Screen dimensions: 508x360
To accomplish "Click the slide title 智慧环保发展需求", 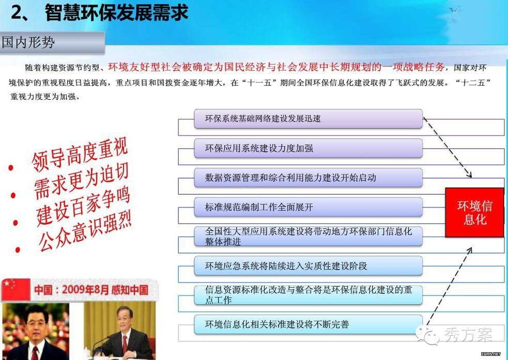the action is [x=117, y=13].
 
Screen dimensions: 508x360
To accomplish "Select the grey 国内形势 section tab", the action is [x=52, y=42].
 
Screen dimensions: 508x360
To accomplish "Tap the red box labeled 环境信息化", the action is [x=474, y=212].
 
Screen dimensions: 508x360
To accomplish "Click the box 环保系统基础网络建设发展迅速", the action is [x=308, y=119].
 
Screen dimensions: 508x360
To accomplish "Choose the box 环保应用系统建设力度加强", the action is [x=308, y=148].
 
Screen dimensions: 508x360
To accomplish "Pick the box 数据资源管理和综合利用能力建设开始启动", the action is [x=308, y=178].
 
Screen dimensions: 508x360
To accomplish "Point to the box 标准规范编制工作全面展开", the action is [x=308, y=207].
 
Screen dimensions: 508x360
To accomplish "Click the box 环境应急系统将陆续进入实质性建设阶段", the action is [x=308, y=266].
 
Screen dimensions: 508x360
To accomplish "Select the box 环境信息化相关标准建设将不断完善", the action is [x=308, y=324].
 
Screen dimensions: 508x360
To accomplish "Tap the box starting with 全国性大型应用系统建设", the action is [x=308, y=237].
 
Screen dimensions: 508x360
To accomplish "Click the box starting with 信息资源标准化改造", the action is [x=308, y=295].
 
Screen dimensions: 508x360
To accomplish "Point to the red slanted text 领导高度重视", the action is [x=80, y=154].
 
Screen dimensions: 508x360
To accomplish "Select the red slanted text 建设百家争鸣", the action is [x=83, y=206].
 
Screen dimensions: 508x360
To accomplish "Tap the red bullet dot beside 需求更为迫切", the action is [x=13, y=195].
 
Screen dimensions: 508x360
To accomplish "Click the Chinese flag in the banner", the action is [x=16, y=289].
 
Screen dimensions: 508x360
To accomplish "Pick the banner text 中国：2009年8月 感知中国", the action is [x=91, y=290].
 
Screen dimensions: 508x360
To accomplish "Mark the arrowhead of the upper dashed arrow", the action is [x=469, y=175].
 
